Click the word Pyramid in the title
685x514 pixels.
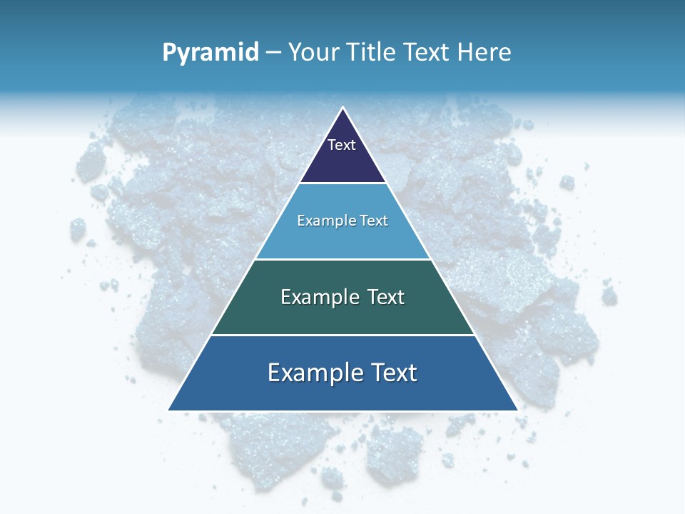(x=210, y=53)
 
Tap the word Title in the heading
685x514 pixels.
(x=372, y=53)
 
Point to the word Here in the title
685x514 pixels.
(x=484, y=53)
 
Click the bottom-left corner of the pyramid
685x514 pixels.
(x=169, y=410)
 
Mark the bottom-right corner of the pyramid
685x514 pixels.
(x=517, y=410)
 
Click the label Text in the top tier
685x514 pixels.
(x=342, y=145)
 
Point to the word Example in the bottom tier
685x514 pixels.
(x=313, y=373)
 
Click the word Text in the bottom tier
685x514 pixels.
(x=393, y=373)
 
